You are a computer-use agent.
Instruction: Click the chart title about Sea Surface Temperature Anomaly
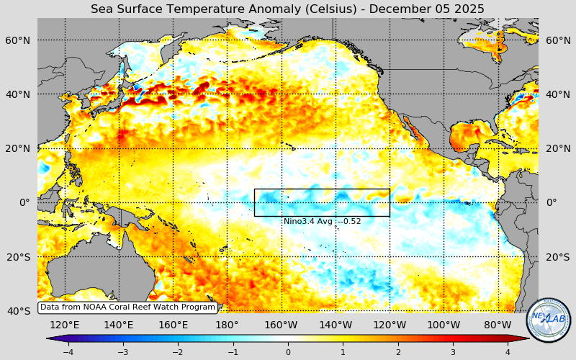coord(287,9)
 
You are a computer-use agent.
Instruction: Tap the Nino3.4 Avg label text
coord(322,221)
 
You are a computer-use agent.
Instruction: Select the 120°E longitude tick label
coord(64,325)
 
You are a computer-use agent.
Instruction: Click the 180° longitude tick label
coord(226,325)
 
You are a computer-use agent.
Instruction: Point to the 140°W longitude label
coord(336,325)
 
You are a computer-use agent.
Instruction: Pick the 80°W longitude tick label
coord(498,325)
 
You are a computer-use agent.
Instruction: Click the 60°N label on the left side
coord(19,40)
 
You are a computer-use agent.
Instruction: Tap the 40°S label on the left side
coord(19,311)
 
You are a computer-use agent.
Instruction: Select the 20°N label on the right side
coord(557,148)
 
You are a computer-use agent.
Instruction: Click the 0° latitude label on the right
coord(552,202)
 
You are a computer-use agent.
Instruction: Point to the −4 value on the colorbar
coord(68,352)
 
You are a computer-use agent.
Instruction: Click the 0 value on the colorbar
coord(288,352)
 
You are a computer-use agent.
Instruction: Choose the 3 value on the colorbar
coord(453,352)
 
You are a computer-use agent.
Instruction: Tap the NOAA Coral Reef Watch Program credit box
coord(127,307)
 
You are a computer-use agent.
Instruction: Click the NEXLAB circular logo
coord(548,320)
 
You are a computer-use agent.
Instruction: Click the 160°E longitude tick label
coord(173,325)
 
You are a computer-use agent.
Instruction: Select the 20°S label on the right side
coord(557,257)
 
